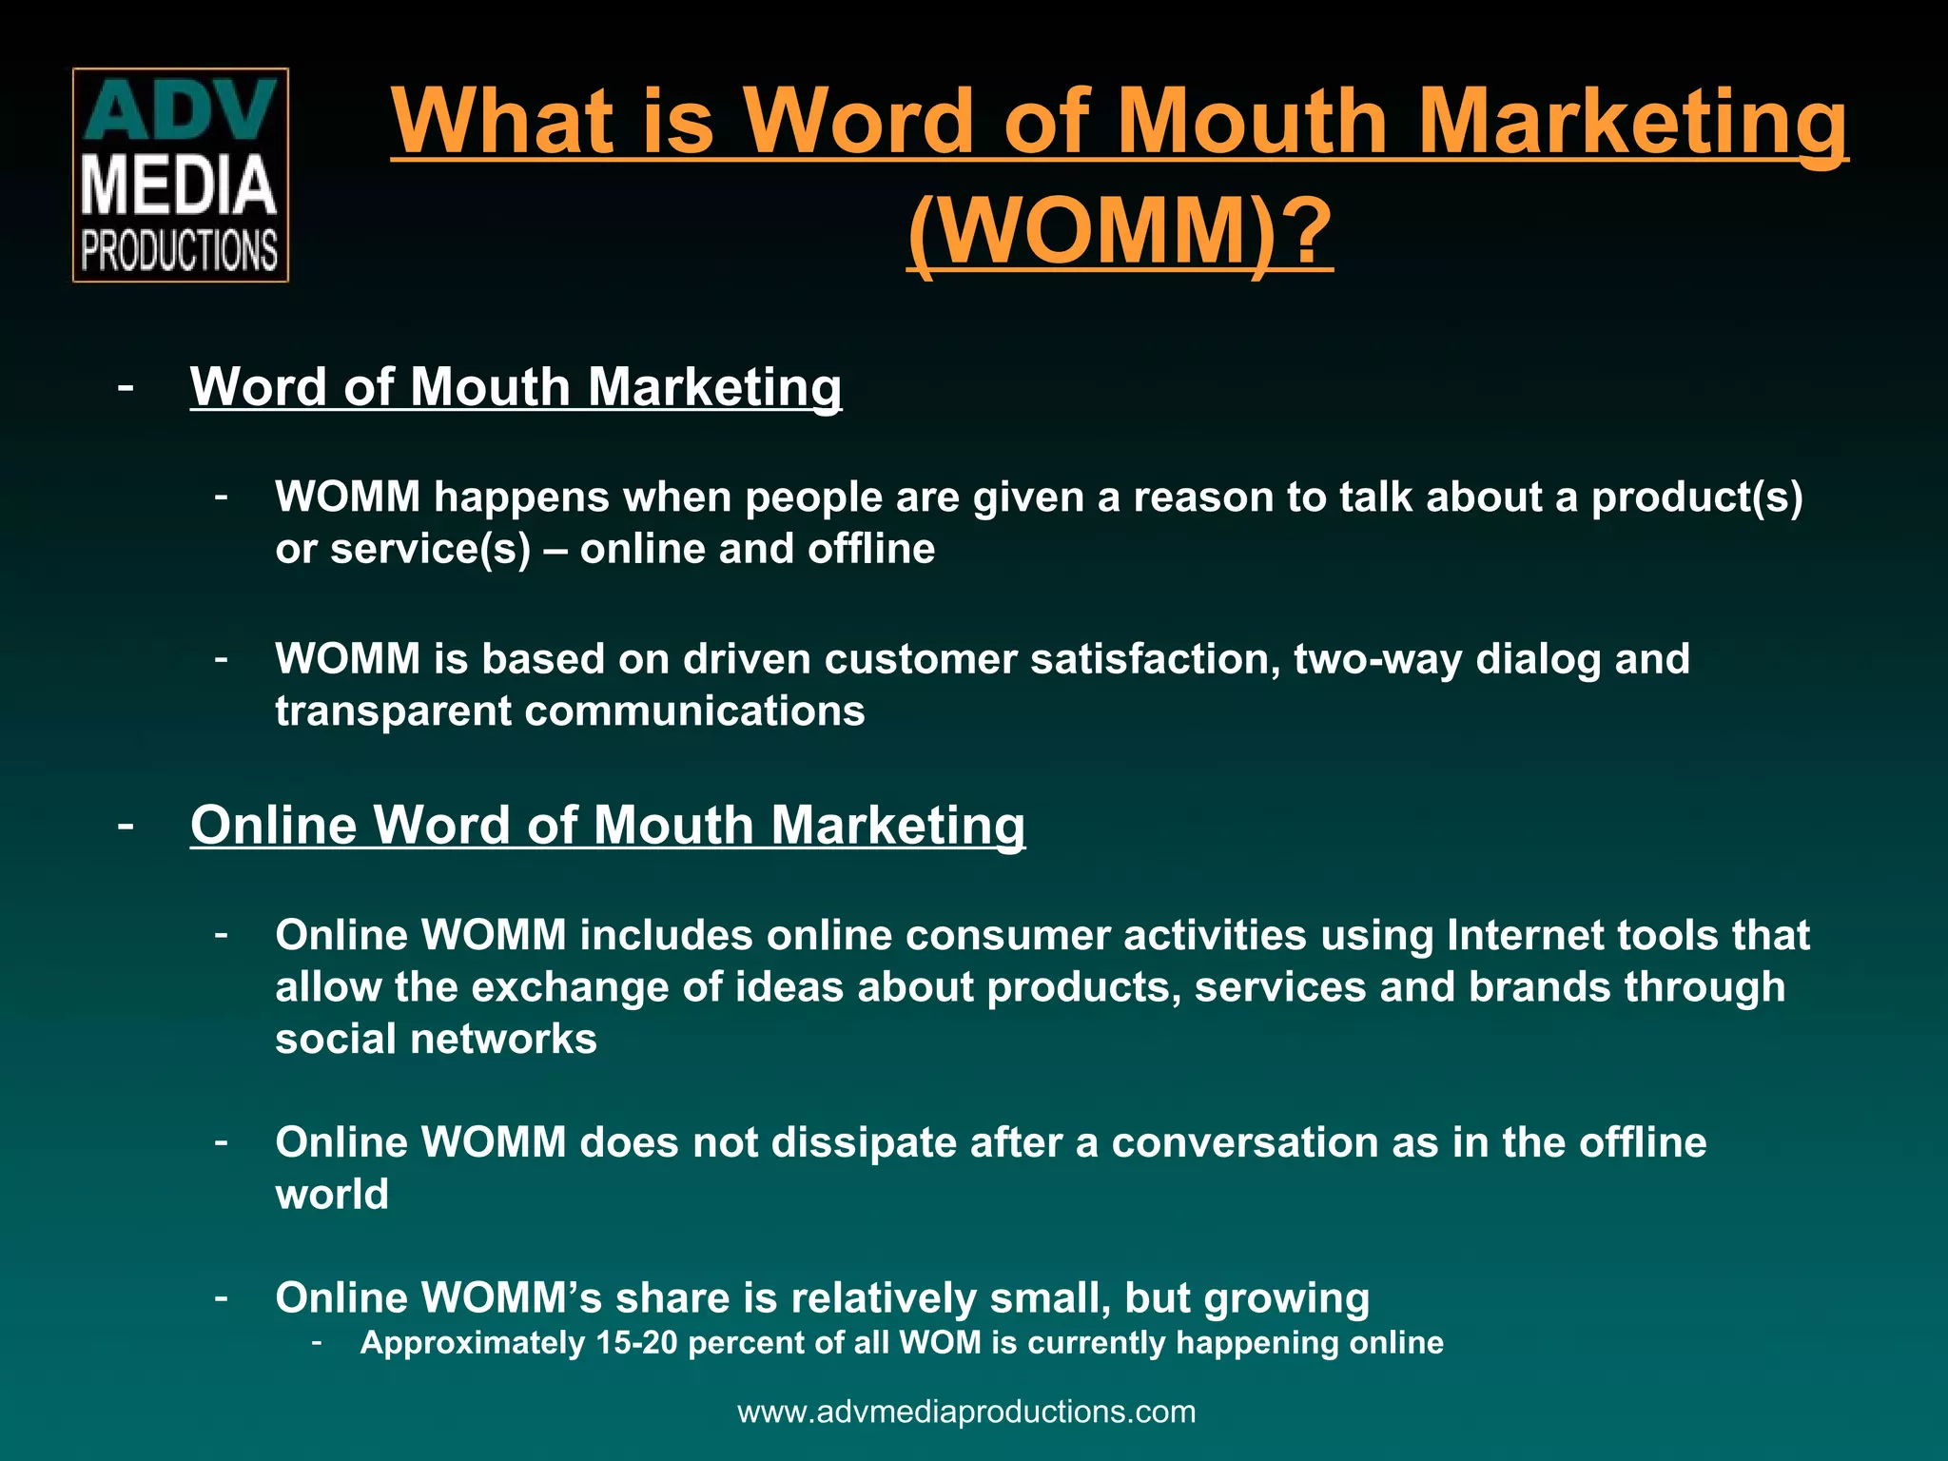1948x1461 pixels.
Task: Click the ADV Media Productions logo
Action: pyautogui.click(x=181, y=175)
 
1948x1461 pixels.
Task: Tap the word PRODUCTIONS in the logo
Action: pyautogui.click(x=180, y=250)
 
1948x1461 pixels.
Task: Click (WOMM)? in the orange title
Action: pyautogui.click(x=1120, y=230)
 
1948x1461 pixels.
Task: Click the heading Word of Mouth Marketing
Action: pyautogui.click(x=516, y=387)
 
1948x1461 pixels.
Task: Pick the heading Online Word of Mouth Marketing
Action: pyautogui.click(x=608, y=825)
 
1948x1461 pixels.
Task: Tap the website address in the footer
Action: pyautogui.click(x=966, y=1412)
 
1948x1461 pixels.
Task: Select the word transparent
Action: pyautogui.click(x=393, y=711)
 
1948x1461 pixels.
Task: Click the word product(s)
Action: pyautogui.click(x=1697, y=497)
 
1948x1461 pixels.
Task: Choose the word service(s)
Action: pyautogui.click(x=430, y=550)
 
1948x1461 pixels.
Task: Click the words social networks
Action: pyautogui.click(x=436, y=1039)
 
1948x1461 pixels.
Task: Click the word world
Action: pyautogui.click(x=332, y=1195)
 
